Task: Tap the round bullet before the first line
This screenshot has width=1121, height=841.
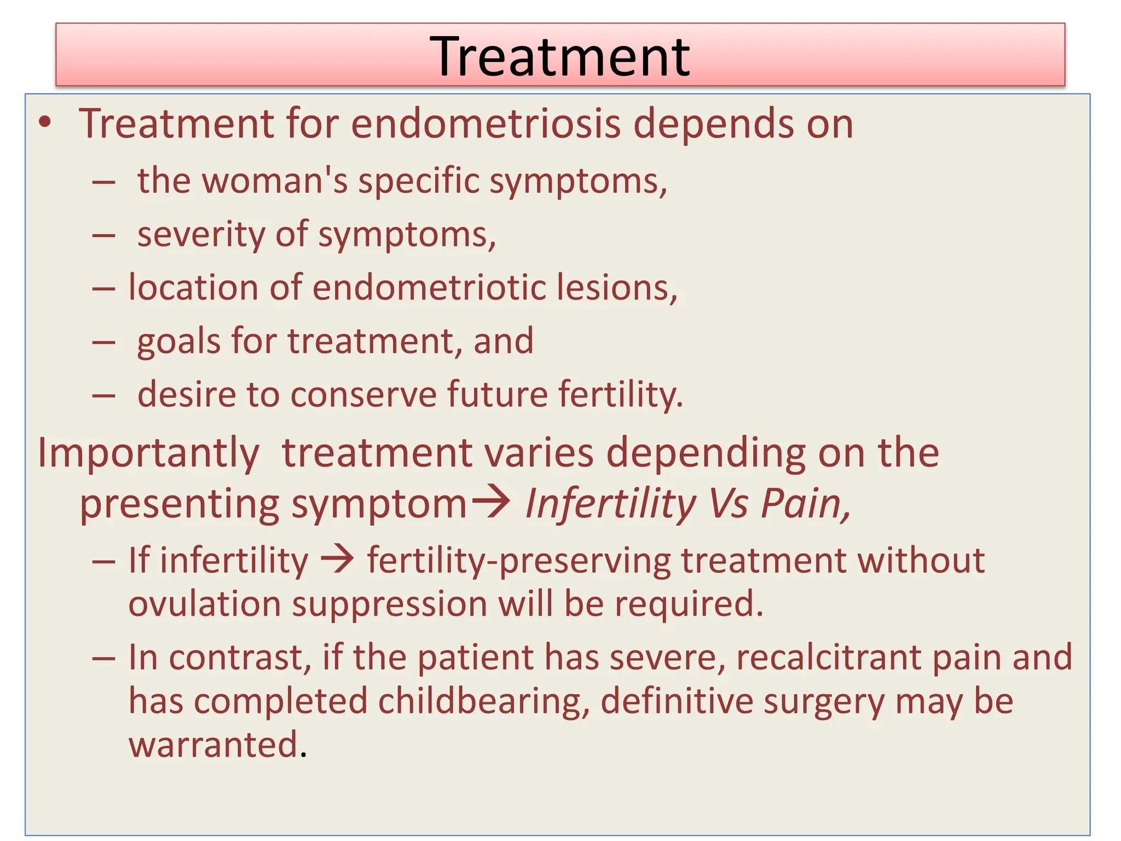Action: pos(45,124)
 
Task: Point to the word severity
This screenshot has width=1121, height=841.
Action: pos(200,234)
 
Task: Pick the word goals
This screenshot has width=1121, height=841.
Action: pos(178,341)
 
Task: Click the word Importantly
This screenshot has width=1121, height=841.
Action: pos(148,454)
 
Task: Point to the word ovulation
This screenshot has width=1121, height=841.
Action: pos(205,604)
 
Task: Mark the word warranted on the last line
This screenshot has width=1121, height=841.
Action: pos(213,745)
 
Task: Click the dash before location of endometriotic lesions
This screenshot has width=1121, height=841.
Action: pos(103,288)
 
